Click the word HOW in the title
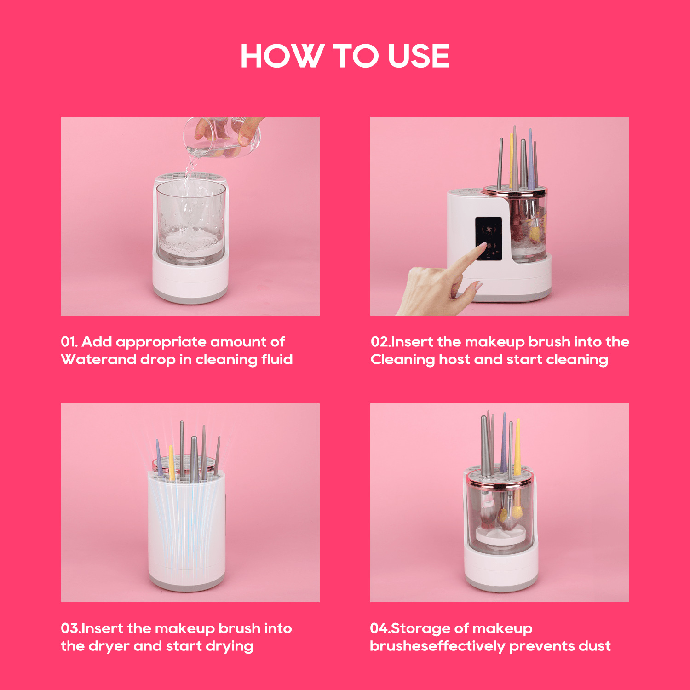pyautogui.click(x=281, y=56)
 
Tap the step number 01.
pyautogui.click(x=69, y=342)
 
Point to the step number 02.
pyautogui.click(x=379, y=342)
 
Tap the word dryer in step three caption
pyautogui.click(x=109, y=646)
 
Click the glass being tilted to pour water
pyautogui.click(x=223, y=138)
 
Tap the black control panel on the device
pyautogui.click(x=488, y=238)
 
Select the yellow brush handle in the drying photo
pyautogui.click(x=171, y=462)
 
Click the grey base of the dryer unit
pyautogui.click(x=187, y=584)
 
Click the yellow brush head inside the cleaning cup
pyautogui.click(x=535, y=232)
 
